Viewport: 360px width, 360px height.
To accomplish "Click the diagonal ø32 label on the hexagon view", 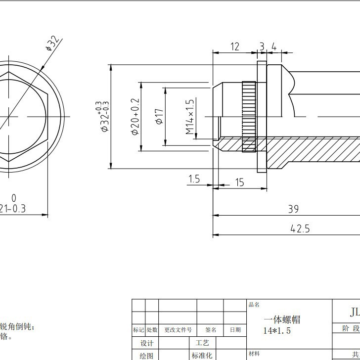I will pos(53,43).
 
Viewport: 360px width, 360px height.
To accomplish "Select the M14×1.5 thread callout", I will pos(190,117).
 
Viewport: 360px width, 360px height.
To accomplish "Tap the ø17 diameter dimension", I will pos(159,117).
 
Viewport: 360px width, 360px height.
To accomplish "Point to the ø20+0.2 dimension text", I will pos(135,117).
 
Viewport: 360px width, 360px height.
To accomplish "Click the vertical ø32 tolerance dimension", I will pos(104,117).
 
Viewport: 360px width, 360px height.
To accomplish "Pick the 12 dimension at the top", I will pos(235,46).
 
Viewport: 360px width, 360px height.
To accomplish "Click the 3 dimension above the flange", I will pos(262,46).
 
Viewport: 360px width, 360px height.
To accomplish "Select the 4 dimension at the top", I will pos(273,46).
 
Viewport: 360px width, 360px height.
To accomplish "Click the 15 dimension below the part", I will pos(239,182).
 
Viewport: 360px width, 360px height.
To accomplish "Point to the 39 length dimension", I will pos(293,209).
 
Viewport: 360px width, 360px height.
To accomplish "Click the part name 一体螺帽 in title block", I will pos(282,319).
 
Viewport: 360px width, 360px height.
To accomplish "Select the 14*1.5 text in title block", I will pos(277,330).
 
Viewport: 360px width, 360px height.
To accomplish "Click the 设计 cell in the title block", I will pos(147,343).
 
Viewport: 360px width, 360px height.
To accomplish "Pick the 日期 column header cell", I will pos(235,330).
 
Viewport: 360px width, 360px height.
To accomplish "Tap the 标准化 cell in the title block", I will pos(202,355).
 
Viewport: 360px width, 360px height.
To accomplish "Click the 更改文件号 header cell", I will pos(178,330).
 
